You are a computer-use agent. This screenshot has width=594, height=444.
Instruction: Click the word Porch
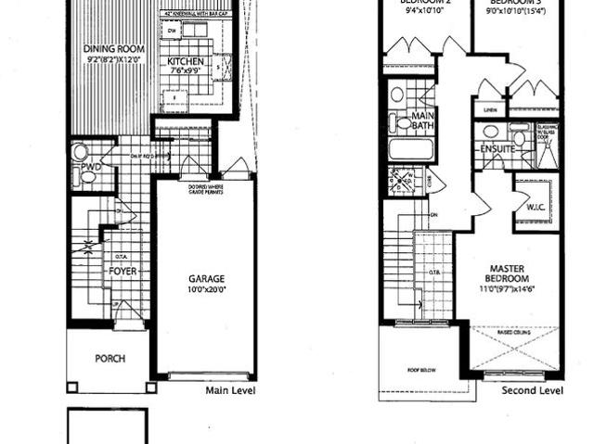tap(110, 359)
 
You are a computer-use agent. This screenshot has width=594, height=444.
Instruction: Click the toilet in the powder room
tap(81, 151)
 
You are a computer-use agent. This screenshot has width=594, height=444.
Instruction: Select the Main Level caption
tap(230, 391)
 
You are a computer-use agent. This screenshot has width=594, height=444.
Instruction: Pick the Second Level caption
tap(533, 391)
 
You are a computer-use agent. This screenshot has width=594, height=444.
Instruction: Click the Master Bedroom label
tap(509, 273)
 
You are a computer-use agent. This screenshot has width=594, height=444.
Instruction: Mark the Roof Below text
tap(423, 369)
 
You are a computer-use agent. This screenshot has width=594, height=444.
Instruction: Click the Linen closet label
tap(491, 110)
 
